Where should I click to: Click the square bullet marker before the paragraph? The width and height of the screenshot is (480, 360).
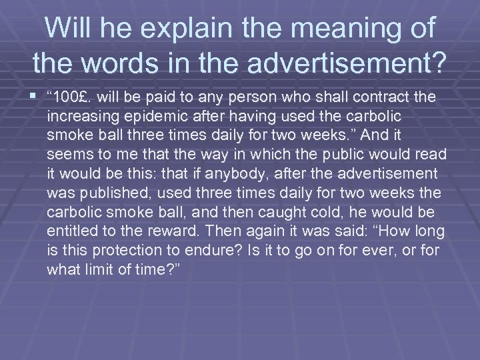pos(35,97)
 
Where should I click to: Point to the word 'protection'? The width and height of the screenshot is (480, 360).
pos(114,251)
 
